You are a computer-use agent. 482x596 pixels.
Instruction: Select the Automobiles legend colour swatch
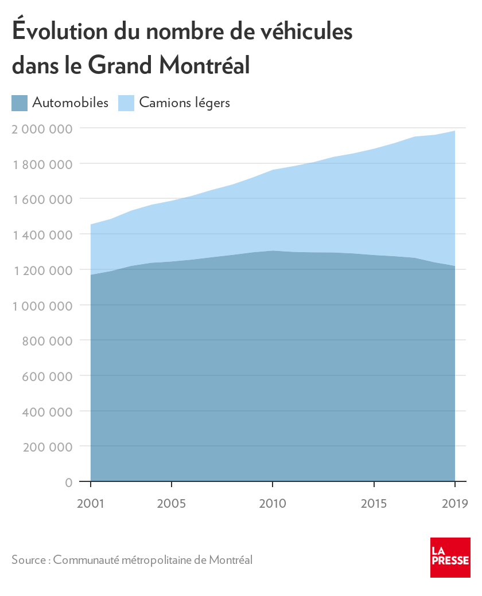pyautogui.click(x=20, y=103)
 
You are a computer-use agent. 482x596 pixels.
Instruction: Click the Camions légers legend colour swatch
pyautogui.click(x=126, y=103)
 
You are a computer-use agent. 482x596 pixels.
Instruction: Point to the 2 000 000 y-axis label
pyautogui.click(x=42, y=128)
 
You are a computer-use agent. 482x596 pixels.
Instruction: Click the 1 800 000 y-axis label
pyautogui.click(x=42, y=164)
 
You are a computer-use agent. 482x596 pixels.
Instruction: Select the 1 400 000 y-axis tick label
pyautogui.click(x=42, y=234)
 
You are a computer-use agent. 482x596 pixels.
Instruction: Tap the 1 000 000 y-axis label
pyautogui.click(x=42, y=305)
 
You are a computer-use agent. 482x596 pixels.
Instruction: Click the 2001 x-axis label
pyautogui.click(x=91, y=504)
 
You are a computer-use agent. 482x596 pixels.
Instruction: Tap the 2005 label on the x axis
pyautogui.click(x=172, y=504)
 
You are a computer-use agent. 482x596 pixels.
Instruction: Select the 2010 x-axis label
pyautogui.click(x=273, y=504)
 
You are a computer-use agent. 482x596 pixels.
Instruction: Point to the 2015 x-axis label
pyautogui.click(x=374, y=504)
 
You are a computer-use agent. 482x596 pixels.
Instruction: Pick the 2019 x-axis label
pyautogui.click(x=454, y=504)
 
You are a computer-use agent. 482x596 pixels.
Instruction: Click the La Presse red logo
pyautogui.click(x=450, y=558)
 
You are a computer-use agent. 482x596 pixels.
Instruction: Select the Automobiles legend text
pyautogui.click(x=71, y=103)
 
